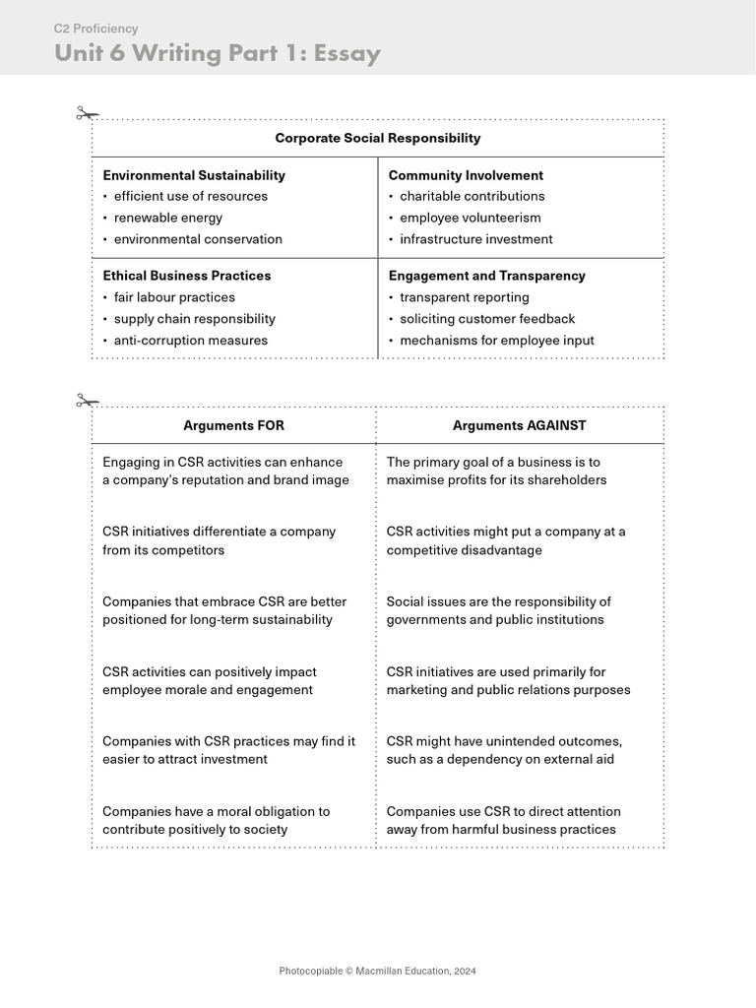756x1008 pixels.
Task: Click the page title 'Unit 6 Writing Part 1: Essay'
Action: point(217,53)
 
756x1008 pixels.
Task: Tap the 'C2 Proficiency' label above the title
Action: point(95,29)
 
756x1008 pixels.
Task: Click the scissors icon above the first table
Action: point(88,114)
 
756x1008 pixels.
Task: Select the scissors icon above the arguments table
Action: point(88,401)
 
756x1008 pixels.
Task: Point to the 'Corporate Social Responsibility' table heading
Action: point(377,138)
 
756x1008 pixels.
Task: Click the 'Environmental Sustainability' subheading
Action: point(194,175)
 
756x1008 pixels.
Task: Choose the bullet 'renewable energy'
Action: point(167,218)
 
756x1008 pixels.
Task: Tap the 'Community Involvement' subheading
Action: point(466,175)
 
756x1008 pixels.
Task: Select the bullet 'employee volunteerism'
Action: point(470,218)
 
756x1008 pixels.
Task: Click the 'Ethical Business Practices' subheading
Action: point(186,276)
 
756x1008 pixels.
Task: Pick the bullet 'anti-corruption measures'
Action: point(190,341)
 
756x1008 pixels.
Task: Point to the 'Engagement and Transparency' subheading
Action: point(486,276)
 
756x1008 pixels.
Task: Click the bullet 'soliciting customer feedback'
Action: point(487,319)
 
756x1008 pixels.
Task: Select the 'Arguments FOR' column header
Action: point(233,425)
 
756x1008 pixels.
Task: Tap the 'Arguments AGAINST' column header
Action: point(519,425)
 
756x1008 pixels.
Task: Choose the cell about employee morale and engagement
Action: point(209,681)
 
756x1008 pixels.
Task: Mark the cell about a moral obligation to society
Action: point(216,820)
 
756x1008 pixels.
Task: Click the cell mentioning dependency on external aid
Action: point(504,750)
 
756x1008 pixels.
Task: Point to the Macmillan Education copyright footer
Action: point(377,971)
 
